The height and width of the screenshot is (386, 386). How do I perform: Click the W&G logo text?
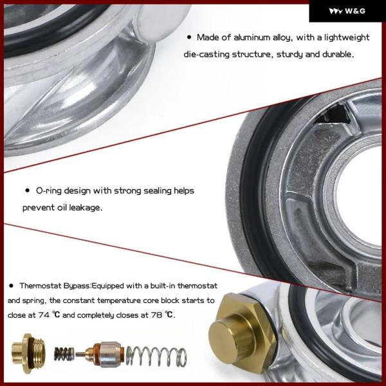(x=355, y=11)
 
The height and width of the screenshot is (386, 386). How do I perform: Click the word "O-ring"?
(x=49, y=191)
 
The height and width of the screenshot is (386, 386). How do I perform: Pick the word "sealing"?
(x=158, y=191)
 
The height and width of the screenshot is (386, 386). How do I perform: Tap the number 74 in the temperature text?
(x=43, y=315)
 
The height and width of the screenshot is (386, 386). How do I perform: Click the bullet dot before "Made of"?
(x=189, y=37)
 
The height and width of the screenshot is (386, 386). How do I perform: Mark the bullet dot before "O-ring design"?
(x=28, y=190)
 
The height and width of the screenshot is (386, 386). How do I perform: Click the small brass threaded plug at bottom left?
(x=28, y=353)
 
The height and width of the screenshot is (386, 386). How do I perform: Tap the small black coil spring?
(x=64, y=354)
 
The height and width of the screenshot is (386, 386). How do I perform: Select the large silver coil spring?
(x=156, y=356)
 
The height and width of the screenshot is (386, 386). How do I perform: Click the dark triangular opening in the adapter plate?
(x=333, y=114)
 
